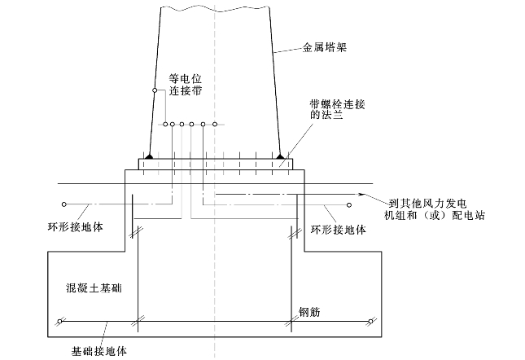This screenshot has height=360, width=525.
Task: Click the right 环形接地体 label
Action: click(x=339, y=230)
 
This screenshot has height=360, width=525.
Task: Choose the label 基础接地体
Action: click(x=99, y=352)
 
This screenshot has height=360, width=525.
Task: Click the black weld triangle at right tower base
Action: click(x=281, y=154)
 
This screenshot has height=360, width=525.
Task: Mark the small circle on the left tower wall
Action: click(x=154, y=90)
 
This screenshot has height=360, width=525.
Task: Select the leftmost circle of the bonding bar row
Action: click(x=165, y=125)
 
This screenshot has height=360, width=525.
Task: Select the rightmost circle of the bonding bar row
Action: click(x=214, y=125)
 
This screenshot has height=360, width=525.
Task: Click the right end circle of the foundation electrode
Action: click(x=370, y=322)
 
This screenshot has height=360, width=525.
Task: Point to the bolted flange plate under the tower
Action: click(x=215, y=164)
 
